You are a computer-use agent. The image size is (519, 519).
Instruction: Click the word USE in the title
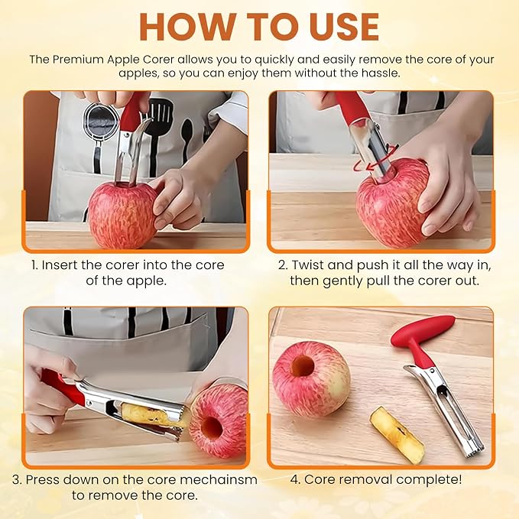click(343, 27)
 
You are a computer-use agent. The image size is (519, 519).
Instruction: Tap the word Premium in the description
click(78, 60)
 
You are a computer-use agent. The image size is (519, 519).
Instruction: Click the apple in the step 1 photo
click(122, 215)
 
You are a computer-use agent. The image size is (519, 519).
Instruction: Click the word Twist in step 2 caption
click(307, 264)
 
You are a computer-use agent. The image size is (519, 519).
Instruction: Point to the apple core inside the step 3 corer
click(150, 414)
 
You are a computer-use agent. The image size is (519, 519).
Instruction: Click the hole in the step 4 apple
click(303, 366)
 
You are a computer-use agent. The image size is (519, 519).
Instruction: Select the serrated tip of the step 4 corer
click(475, 452)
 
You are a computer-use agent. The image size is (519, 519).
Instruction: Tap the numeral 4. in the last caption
click(295, 479)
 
